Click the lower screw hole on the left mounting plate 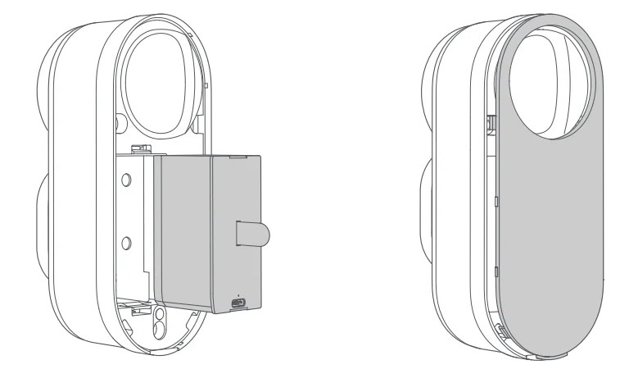pyautogui.click(x=126, y=242)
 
